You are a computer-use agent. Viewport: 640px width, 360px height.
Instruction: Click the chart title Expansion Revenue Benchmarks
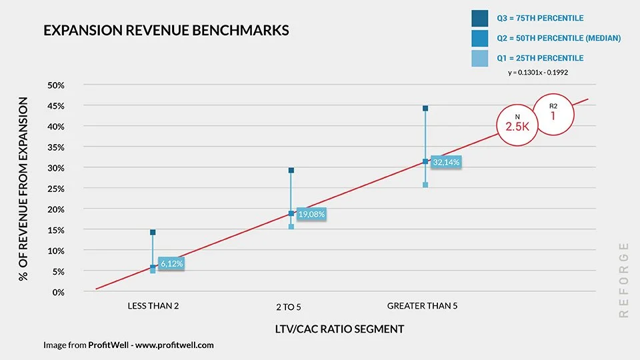click(x=166, y=31)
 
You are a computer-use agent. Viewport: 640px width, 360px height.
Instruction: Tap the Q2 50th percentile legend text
click(x=559, y=39)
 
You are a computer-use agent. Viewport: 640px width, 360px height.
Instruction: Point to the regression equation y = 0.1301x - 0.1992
click(x=538, y=72)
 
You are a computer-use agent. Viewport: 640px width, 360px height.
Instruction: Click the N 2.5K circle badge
click(x=517, y=122)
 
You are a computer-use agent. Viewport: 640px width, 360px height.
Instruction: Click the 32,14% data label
click(x=446, y=162)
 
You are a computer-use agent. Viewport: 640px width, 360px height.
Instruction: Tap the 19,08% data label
click(x=311, y=215)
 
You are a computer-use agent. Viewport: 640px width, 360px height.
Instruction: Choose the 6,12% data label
click(x=171, y=263)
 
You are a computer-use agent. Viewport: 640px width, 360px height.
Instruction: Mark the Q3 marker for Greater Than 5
click(x=425, y=108)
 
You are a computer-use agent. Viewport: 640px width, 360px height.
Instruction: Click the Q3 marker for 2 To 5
click(x=291, y=170)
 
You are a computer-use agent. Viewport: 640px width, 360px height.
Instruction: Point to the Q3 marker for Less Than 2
click(x=153, y=232)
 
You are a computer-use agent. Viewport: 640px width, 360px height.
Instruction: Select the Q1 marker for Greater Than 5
click(x=425, y=185)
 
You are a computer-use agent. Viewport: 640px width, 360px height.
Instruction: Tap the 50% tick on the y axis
click(x=55, y=85)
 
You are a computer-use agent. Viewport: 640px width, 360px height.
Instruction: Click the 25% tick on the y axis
click(x=55, y=189)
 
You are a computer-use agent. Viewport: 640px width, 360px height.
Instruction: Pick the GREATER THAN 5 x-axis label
click(x=422, y=306)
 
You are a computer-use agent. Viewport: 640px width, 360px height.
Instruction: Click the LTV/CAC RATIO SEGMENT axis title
click(x=339, y=329)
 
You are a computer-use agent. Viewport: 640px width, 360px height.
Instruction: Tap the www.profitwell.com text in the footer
click(x=175, y=345)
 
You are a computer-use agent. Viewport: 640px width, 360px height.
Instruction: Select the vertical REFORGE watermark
click(x=623, y=279)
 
